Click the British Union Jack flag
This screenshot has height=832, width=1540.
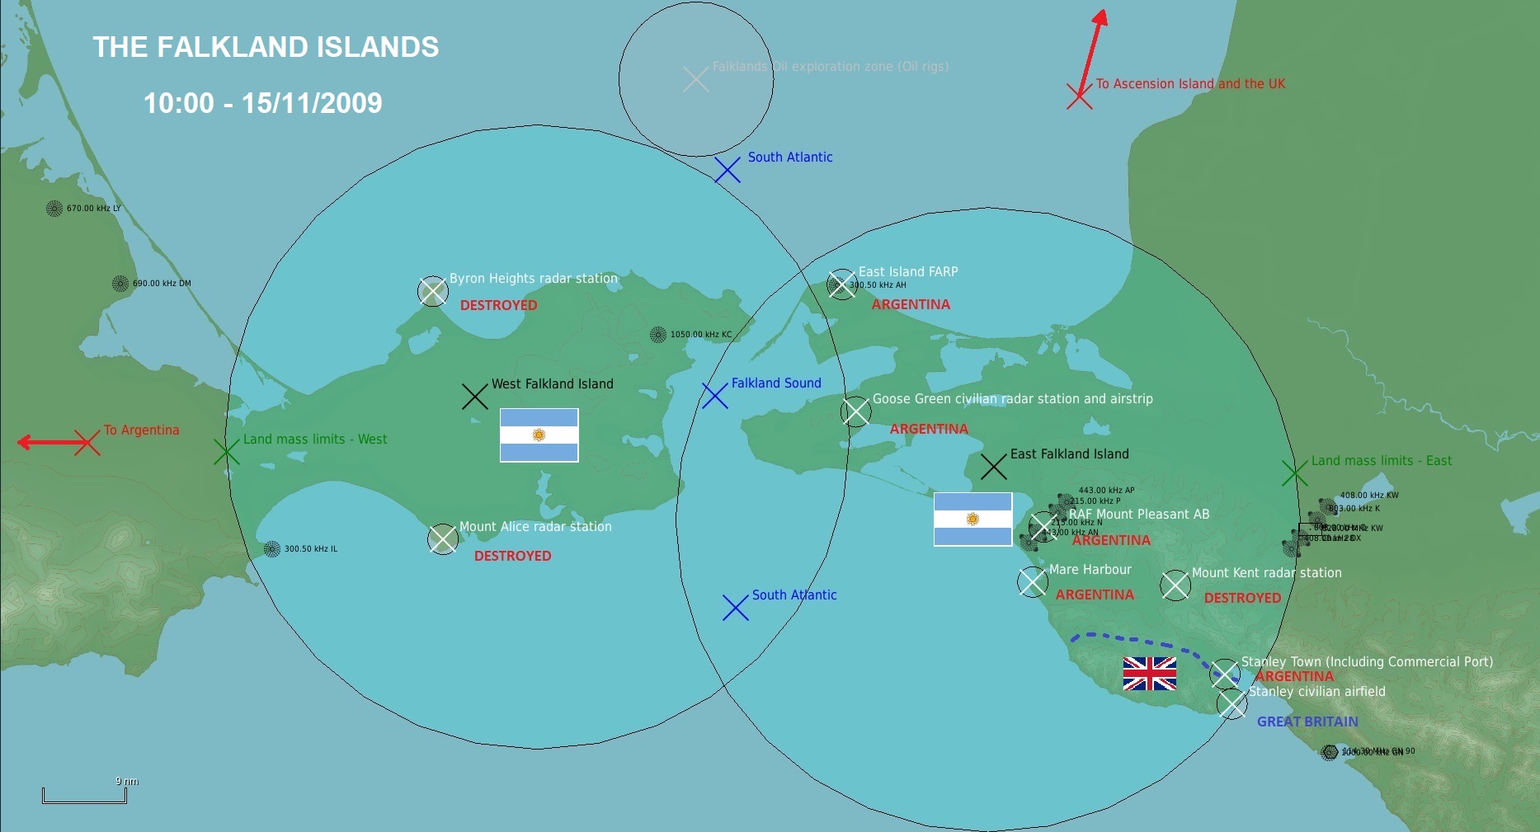(x=1149, y=674)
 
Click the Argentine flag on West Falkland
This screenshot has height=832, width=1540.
(x=539, y=435)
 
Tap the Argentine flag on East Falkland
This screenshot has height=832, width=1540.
(x=973, y=519)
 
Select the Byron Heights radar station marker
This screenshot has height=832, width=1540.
(x=432, y=291)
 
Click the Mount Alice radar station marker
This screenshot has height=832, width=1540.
(x=443, y=539)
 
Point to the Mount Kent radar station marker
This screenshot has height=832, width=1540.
(x=1175, y=585)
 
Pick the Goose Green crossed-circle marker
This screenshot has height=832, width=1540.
(x=855, y=411)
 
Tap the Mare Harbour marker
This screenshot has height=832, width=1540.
(x=1032, y=582)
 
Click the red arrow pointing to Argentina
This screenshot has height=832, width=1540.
(x=49, y=443)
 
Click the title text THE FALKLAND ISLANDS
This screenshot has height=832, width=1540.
(x=266, y=47)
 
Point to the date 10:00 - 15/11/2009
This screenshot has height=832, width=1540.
(x=262, y=103)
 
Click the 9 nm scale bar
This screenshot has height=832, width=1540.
(x=84, y=796)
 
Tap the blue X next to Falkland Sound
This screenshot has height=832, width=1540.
(x=714, y=396)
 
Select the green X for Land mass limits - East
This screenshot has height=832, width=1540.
(x=1294, y=473)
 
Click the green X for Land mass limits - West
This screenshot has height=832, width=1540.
(x=226, y=452)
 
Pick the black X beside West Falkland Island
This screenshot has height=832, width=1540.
(x=474, y=397)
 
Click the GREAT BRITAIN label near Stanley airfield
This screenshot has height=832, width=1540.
(x=1307, y=722)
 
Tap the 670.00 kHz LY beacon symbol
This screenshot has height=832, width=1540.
(x=54, y=209)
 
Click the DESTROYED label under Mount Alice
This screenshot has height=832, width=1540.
(x=512, y=556)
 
